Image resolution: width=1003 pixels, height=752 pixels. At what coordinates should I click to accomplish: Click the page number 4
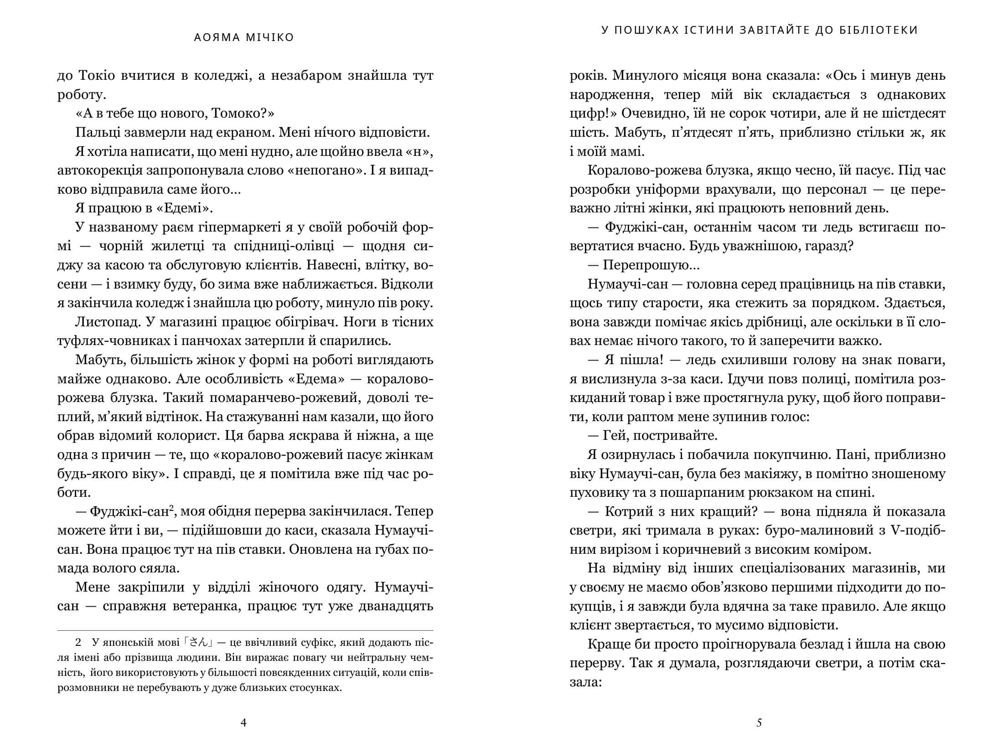pyautogui.click(x=243, y=722)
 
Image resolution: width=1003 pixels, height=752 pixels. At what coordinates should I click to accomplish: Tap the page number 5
pyautogui.click(x=759, y=722)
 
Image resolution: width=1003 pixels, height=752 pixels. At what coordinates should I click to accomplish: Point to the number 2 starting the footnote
pyautogui.click(x=78, y=644)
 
